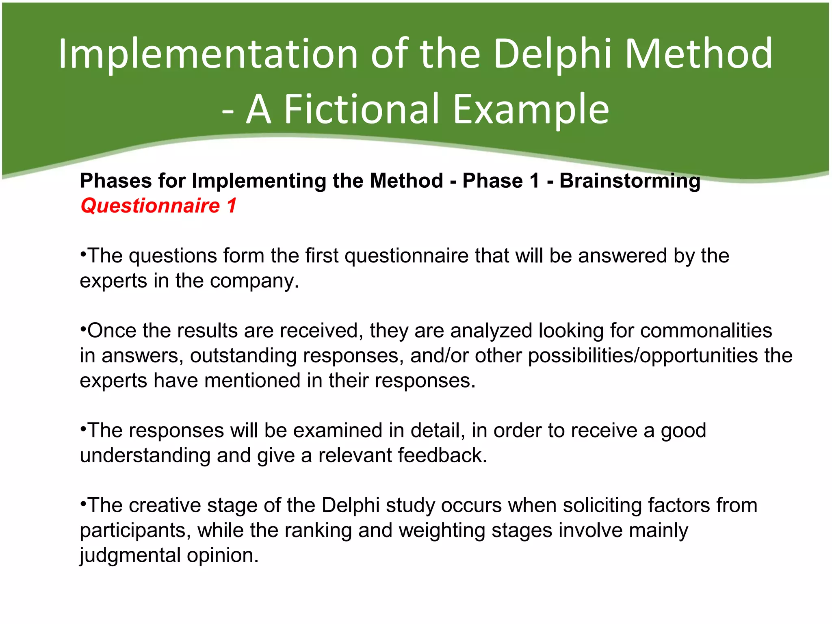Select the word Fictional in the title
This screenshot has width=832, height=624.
(x=362, y=109)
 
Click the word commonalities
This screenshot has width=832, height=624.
(x=706, y=330)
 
